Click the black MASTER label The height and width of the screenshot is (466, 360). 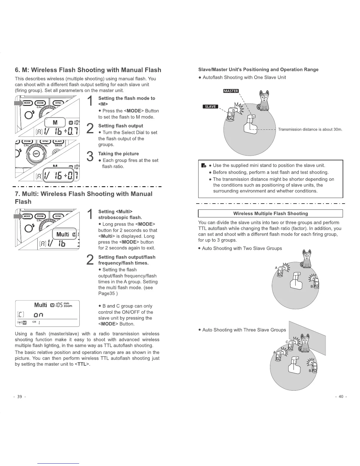pos(231,91)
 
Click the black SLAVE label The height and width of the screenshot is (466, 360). pos(210,106)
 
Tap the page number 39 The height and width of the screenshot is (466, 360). pos(20,397)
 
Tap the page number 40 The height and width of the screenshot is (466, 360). pos(341,397)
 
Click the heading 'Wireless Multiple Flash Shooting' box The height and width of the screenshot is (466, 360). pos(270,214)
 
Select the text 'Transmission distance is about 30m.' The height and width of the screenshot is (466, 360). pos(310,129)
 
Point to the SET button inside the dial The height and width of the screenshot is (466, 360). pos(36,154)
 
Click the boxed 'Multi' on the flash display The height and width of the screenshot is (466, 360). pos(63,234)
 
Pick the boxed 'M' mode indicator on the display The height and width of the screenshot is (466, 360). pos(55,122)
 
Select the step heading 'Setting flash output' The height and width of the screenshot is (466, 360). pos(121,126)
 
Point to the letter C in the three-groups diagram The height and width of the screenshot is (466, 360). pos(287,342)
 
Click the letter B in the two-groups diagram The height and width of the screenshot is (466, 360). pos(311,287)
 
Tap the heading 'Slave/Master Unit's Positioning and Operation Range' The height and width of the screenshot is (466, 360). pos(258,69)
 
